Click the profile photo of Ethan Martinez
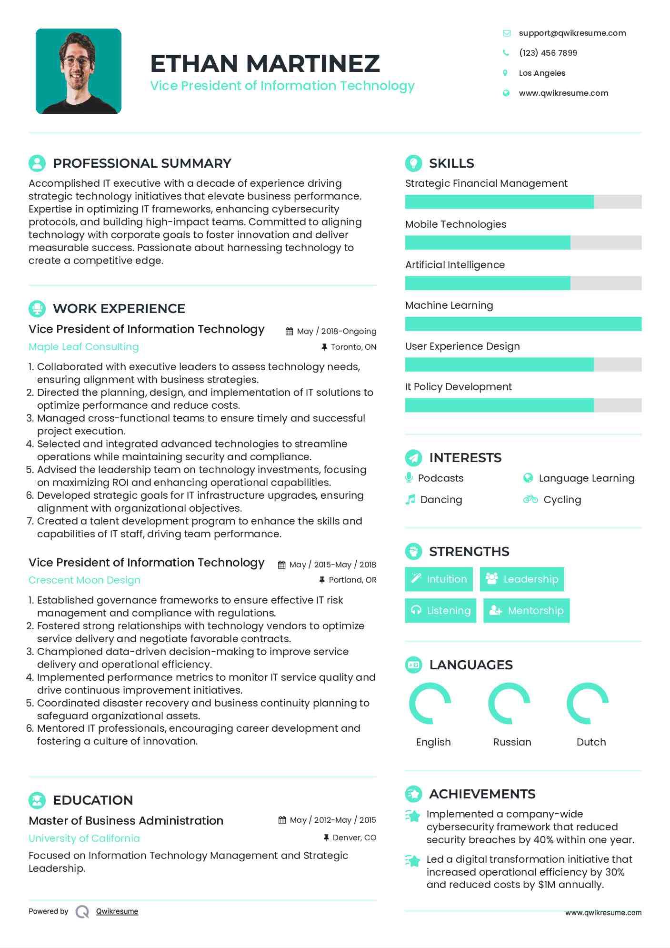pyautogui.click(x=79, y=71)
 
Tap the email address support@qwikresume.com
pyautogui.click(x=572, y=33)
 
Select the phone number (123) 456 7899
pyautogui.click(x=548, y=53)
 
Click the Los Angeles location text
pyautogui.click(x=542, y=73)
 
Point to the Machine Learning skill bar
pyautogui.click(x=523, y=324)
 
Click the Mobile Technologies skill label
pyautogui.click(x=455, y=224)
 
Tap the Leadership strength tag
pyautogui.click(x=521, y=579)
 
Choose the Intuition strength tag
pyautogui.click(x=439, y=579)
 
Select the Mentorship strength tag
pyautogui.click(x=526, y=611)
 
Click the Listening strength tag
pyautogui.click(x=440, y=611)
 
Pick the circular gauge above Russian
pyautogui.click(x=509, y=704)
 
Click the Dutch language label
pyautogui.click(x=591, y=742)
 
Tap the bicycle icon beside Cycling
pyautogui.click(x=530, y=499)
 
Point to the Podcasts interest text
pyautogui.click(x=440, y=478)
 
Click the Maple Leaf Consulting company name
pyautogui.click(x=84, y=347)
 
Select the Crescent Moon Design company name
pyautogui.click(x=84, y=580)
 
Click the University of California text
pyautogui.click(x=84, y=838)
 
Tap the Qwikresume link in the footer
pyautogui.click(x=117, y=911)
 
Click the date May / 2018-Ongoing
pyautogui.click(x=336, y=331)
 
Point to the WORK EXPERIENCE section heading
pyautogui.click(x=119, y=309)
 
